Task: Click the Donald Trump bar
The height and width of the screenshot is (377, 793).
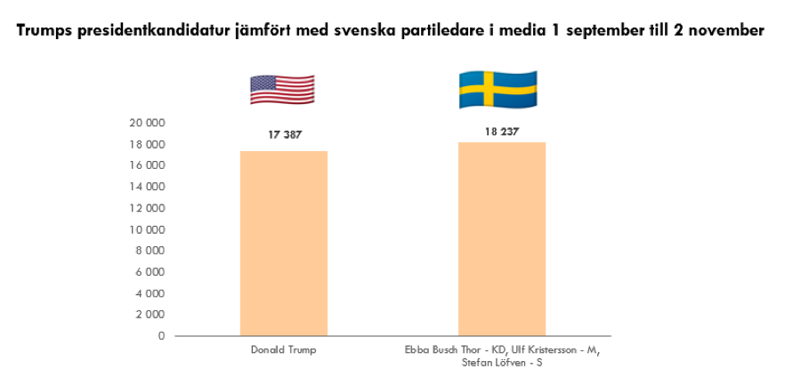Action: click(x=284, y=244)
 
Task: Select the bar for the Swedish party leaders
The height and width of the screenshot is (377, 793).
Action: click(x=502, y=239)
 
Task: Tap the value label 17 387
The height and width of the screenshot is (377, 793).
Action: click(x=284, y=136)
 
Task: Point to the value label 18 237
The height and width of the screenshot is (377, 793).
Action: click(x=502, y=131)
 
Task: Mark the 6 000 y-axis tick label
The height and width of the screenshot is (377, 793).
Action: click(x=150, y=272)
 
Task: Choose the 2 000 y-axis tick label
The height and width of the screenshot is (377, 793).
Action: click(x=150, y=315)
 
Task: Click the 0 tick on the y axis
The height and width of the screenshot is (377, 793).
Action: click(x=162, y=336)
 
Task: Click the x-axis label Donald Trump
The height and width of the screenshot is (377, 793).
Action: click(x=284, y=350)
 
